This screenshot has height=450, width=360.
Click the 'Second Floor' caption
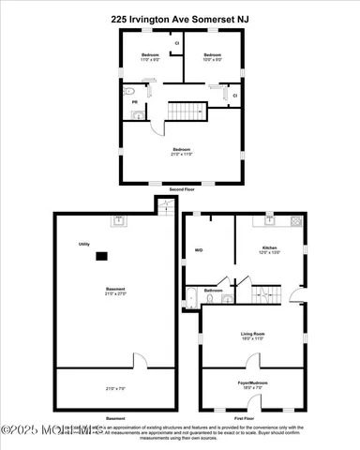181,190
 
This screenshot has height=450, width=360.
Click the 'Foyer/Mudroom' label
254,382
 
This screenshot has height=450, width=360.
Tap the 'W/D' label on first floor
199,250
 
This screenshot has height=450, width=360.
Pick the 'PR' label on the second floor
134,101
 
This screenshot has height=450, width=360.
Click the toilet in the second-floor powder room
138,116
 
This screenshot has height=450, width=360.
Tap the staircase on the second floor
187,112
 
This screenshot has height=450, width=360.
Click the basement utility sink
120,222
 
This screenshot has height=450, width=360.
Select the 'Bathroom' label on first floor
214,291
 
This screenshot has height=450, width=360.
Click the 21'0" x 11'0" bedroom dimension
181,153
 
